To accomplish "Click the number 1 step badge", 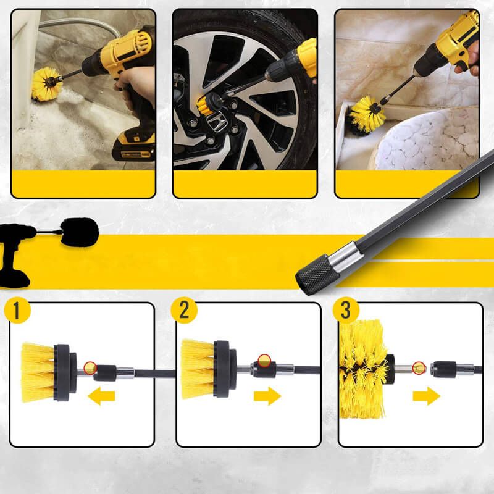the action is click(17, 311).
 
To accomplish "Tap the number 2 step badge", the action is click(184, 310).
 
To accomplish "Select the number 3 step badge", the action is click(346, 311).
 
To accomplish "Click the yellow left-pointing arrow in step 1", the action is click(101, 396).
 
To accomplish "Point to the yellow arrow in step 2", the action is click(267, 396).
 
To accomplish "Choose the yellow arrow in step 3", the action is click(427, 396).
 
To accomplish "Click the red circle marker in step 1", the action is click(90, 368).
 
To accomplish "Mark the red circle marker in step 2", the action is click(264, 361).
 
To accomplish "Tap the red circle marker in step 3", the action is click(419, 368).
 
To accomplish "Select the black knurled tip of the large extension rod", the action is click(317, 275).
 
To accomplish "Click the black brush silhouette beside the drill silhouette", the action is click(80, 232).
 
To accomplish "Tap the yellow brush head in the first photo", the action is click(46, 85).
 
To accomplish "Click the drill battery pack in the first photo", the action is click(133, 146).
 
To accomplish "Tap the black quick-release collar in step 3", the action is click(443, 369).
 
